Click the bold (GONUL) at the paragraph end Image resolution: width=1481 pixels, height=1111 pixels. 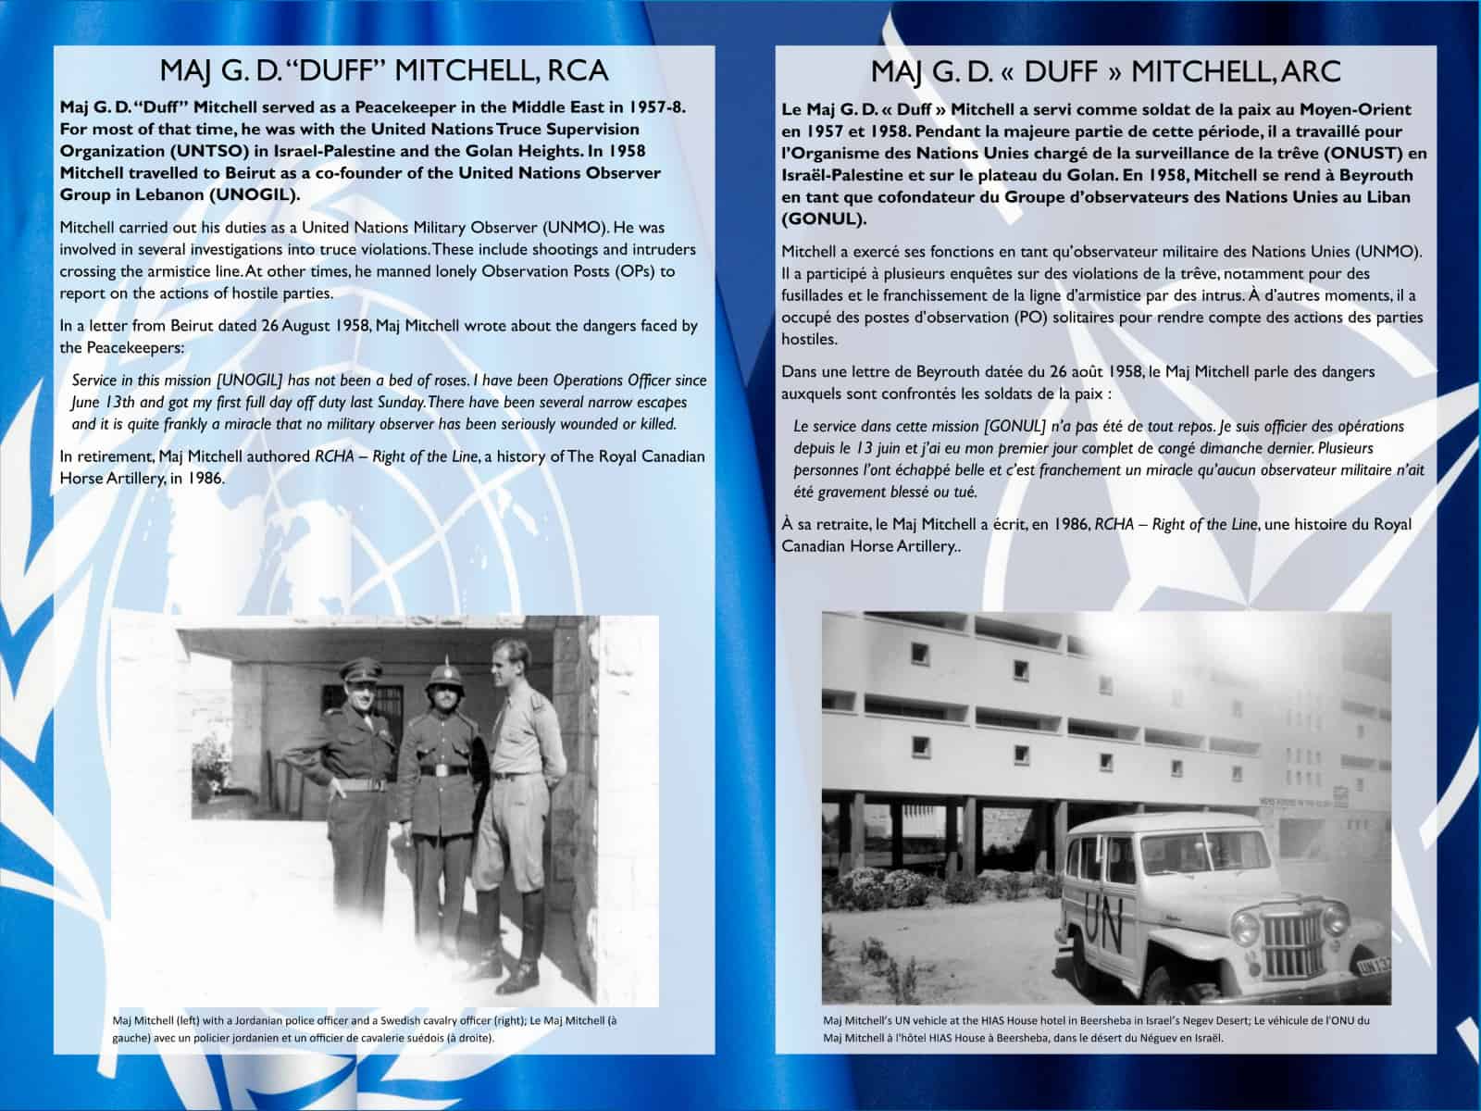[824, 219]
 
